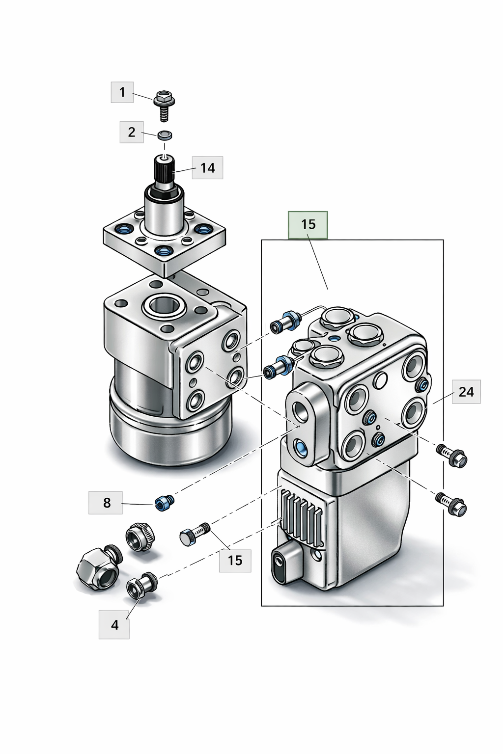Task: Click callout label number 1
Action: coord(122,92)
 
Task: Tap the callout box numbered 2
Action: coord(132,132)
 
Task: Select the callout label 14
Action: coord(207,168)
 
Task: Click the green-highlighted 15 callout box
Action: coord(308,224)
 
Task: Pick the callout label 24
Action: coord(466,391)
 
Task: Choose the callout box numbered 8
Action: coord(106,503)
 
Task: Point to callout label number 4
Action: coord(114,624)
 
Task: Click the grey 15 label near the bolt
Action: coord(235,560)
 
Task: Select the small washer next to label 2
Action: coord(165,135)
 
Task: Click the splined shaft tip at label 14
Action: coord(164,169)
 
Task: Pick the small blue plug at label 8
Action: coord(164,503)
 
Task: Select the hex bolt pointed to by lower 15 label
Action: coord(195,535)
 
